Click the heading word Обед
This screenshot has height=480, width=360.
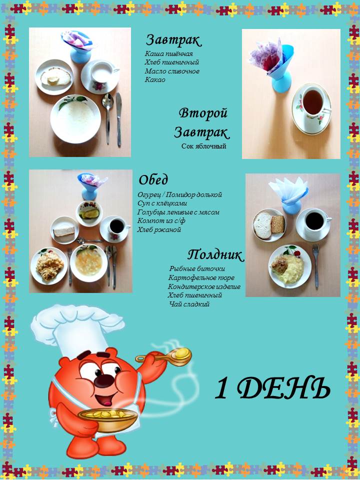(x=153, y=179)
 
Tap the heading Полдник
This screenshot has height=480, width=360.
(x=215, y=254)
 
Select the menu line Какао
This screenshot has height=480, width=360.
(x=155, y=80)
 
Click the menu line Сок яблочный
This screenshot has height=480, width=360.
(x=203, y=146)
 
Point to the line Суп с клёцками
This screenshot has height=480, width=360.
(x=162, y=203)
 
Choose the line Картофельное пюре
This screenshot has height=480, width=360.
(x=201, y=278)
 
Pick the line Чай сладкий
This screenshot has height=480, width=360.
(x=189, y=304)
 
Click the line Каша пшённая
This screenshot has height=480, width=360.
(x=168, y=54)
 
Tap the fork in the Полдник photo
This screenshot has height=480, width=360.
(x=316, y=266)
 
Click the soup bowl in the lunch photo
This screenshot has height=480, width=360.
(x=89, y=263)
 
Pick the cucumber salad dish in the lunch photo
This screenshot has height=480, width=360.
(x=89, y=213)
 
